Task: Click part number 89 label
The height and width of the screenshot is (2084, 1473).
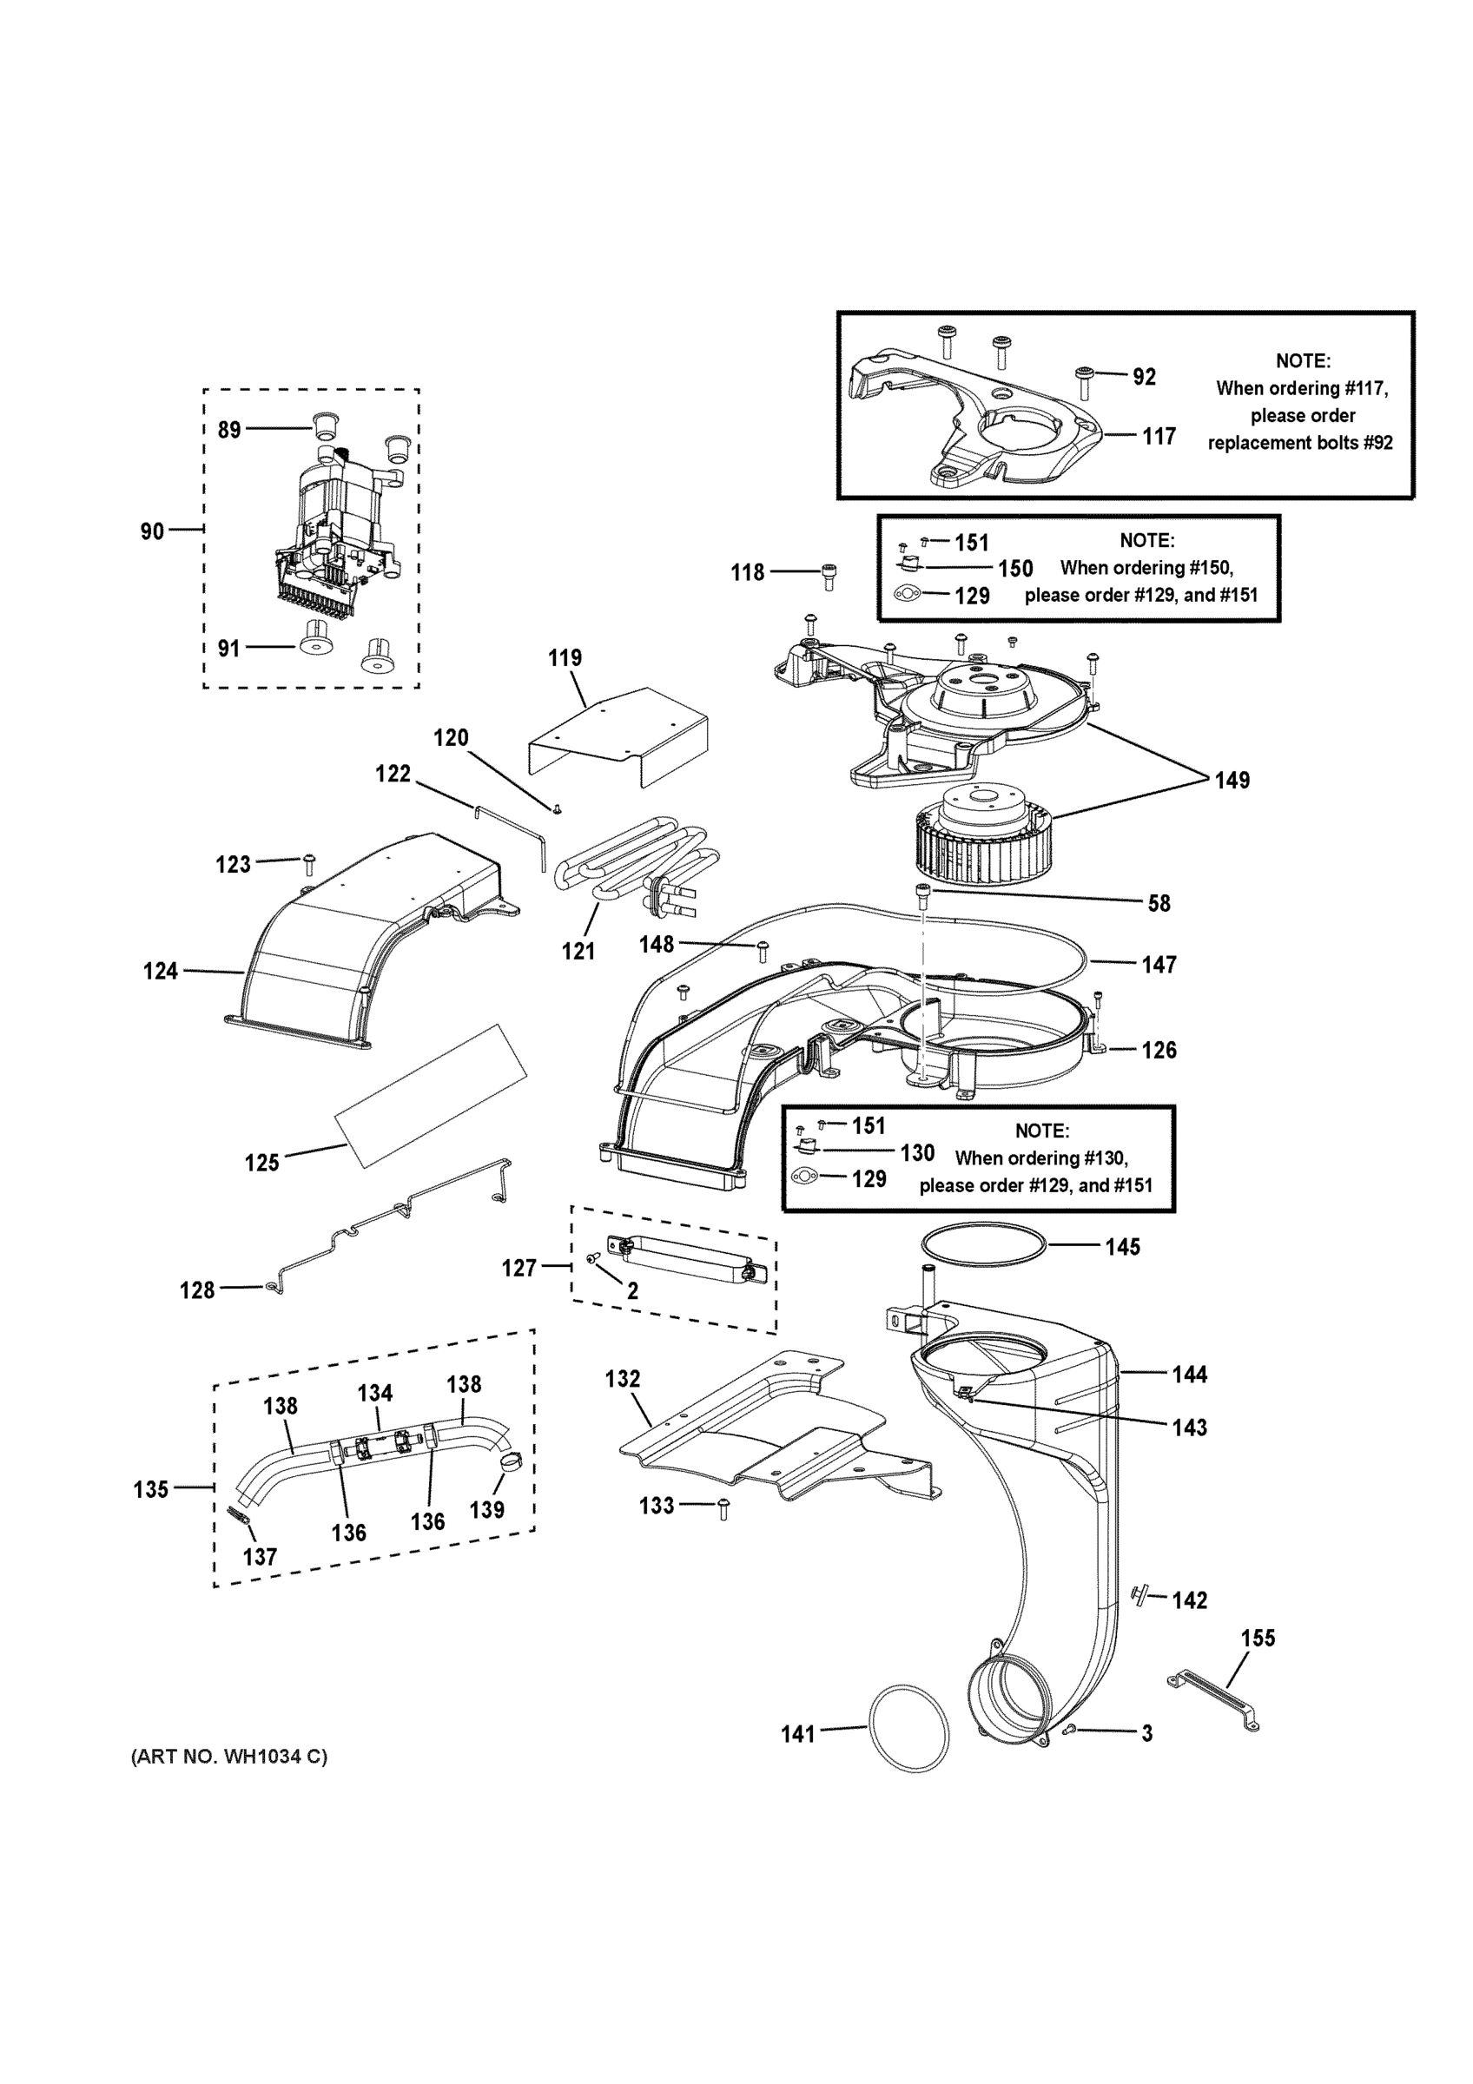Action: click(x=228, y=429)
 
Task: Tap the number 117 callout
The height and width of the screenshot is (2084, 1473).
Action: click(x=1158, y=437)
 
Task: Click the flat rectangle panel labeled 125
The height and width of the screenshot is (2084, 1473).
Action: click(x=431, y=1095)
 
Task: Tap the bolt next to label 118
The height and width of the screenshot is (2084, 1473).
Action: click(x=829, y=573)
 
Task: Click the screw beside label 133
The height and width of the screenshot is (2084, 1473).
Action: click(x=723, y=1509)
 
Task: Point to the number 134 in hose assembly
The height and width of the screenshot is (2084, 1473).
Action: click(x=375, y=1394)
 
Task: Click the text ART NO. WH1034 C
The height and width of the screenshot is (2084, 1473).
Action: click(x=229, y=1757)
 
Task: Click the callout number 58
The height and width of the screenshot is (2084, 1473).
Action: click(x=1159, y=903)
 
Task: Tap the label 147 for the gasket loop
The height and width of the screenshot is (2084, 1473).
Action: click(x=1159, y=965)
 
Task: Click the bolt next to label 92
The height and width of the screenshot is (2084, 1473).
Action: click(x=1085, y=380)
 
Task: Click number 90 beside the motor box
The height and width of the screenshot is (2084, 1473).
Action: click(x=152, y=531)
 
